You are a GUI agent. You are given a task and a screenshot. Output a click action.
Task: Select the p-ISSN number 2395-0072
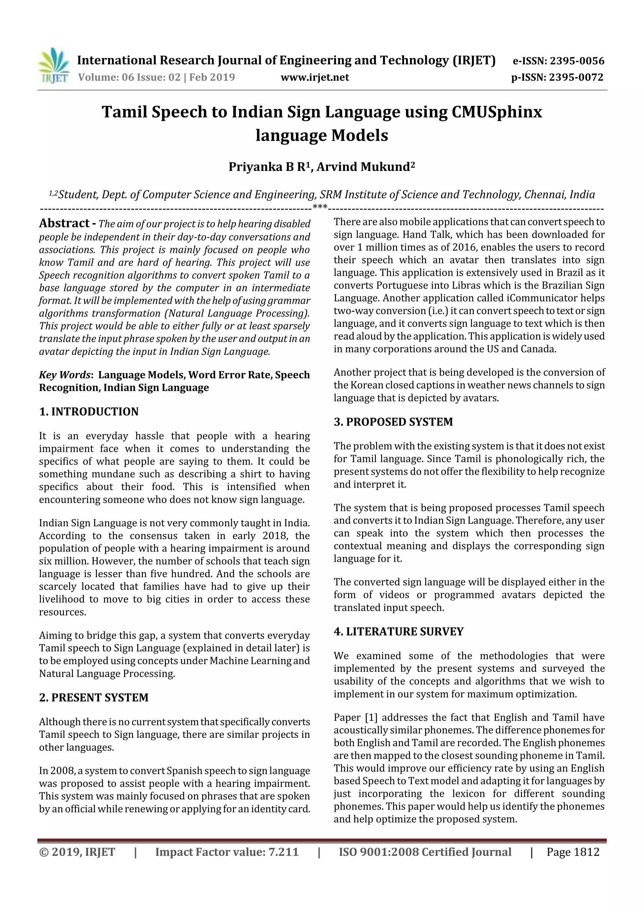point(576,77)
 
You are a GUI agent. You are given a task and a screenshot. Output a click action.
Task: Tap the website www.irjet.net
point(315,77)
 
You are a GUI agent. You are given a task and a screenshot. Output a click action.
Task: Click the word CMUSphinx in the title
point(497,112)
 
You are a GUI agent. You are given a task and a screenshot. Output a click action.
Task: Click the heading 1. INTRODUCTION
point(89,411)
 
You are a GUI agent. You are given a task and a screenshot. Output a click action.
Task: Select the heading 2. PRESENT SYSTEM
point(94,698)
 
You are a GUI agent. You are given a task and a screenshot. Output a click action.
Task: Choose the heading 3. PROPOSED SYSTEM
point(393,422)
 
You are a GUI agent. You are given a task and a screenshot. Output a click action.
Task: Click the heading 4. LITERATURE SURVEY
point(398,632)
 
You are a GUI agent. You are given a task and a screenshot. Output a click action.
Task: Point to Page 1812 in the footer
point(573,852)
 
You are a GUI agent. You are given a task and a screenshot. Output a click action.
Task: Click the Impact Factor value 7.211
point(283,852)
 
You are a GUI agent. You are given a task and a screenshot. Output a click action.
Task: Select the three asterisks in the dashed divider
point(320,207)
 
